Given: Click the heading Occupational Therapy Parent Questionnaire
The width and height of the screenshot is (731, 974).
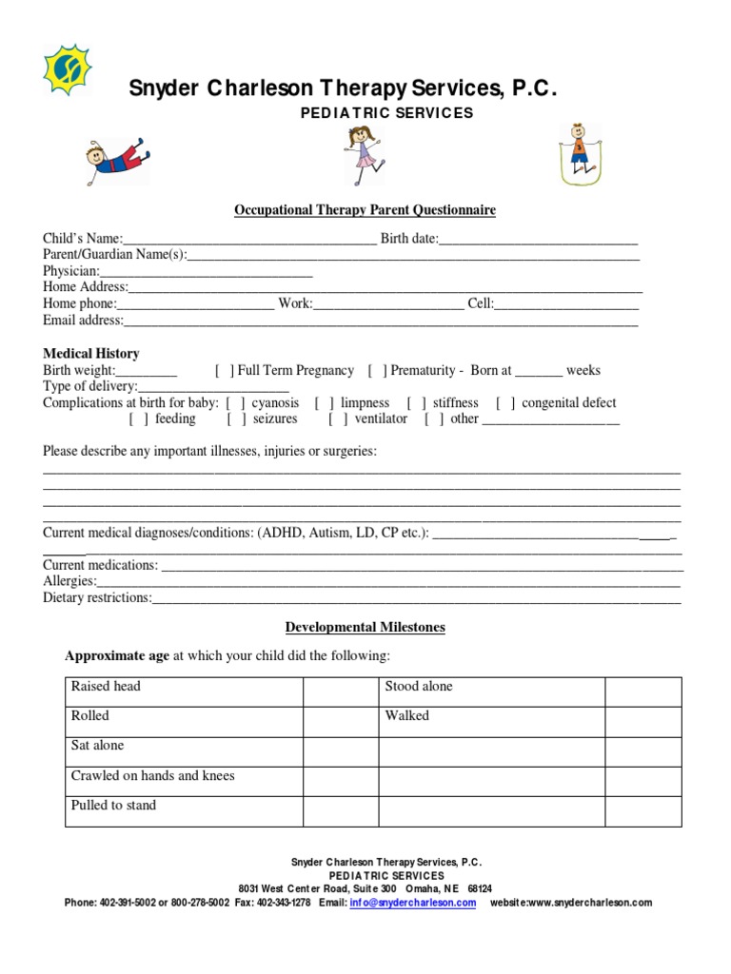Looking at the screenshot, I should coord(365,210).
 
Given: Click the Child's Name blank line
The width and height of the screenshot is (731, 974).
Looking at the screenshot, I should coord(249,239).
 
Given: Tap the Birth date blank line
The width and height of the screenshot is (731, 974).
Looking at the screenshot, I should coord(538,239).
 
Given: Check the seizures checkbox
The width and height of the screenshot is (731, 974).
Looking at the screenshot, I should coord(237,419).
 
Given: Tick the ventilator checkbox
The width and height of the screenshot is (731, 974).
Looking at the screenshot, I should coord(338,419).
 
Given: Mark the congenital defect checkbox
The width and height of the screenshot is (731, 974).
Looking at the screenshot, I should coord(506,403).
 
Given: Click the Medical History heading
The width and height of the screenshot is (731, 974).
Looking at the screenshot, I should coord(91,354).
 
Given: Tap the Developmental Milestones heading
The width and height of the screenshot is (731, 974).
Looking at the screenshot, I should coord(365,628).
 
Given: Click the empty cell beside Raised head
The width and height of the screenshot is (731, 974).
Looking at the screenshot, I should coord(340,692).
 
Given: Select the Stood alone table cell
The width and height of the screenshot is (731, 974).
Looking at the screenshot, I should coord(491,692).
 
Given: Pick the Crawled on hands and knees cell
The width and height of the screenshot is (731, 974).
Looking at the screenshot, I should coord(184,781).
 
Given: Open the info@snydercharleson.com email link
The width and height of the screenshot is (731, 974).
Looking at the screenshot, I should coord(412,903).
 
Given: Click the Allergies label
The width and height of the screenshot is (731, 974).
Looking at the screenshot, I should coord(69,581).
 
